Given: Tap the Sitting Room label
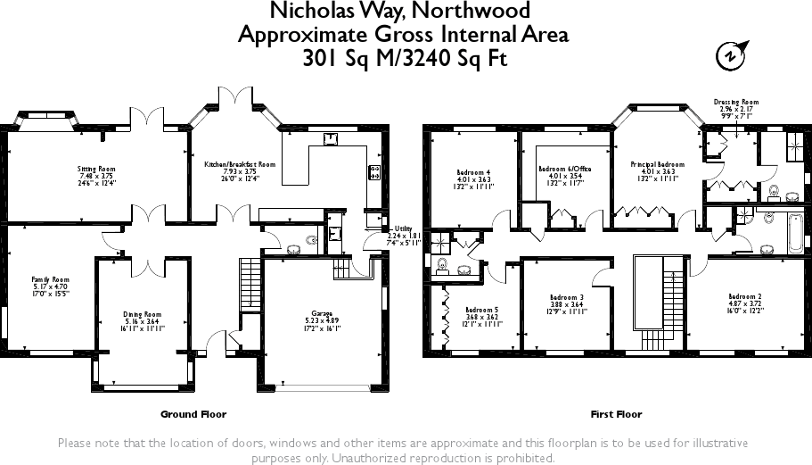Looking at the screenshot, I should coord(96,168).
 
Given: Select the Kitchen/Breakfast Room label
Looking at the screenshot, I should coord(234,164).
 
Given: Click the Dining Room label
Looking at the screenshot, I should coord(143,314).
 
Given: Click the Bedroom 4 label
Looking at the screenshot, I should coord(473,172).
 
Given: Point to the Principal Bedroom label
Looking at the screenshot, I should coord(657,164).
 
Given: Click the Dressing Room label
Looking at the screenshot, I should coord(736,103).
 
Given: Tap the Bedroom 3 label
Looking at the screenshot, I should coord(567,296).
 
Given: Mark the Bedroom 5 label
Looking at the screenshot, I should coord(481,311).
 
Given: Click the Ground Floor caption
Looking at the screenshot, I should coord(193,414).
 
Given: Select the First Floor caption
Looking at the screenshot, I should coord(616,414).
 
